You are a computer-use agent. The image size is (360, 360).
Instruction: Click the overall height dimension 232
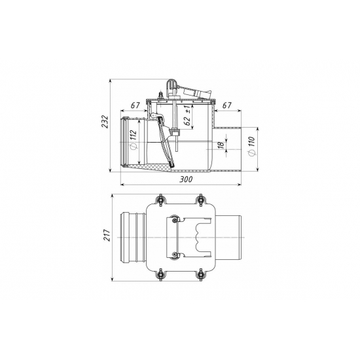pos(105,121)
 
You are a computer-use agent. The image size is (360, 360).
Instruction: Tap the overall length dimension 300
pos(186,179)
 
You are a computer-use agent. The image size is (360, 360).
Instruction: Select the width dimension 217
pos(107,234)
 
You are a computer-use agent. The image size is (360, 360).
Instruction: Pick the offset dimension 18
pos(221,145)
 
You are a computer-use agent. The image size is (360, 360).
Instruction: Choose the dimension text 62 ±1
pos(188,115)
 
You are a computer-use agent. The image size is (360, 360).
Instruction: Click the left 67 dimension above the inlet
pos(135,105)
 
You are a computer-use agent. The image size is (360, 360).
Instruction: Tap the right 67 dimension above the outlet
pos(226,105)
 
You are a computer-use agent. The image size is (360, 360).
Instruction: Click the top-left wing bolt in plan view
pos(160,200)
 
